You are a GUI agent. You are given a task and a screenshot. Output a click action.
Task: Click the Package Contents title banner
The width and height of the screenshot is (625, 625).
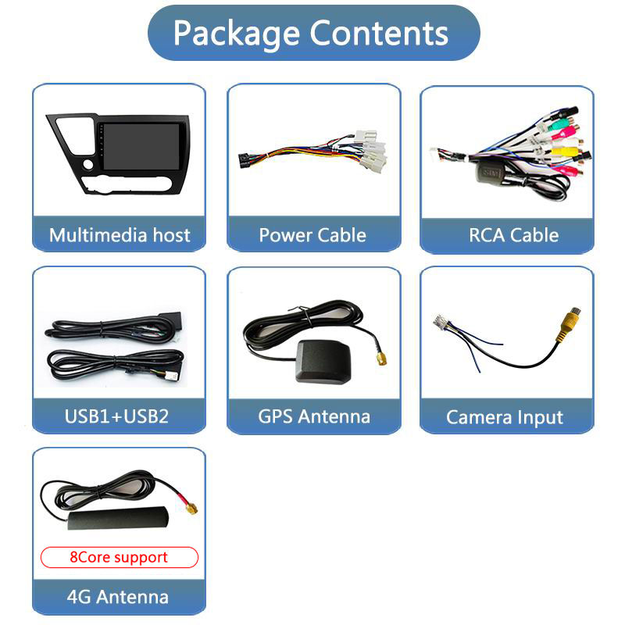(312, 33)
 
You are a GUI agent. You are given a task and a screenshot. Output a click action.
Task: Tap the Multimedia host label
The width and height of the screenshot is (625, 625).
(120, 235)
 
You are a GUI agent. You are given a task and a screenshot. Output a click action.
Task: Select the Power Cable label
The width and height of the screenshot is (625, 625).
(312, 235)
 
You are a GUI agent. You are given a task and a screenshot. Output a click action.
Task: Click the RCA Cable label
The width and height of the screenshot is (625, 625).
(513, 235)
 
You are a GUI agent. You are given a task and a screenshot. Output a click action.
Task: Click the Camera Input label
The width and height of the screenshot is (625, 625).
(505, 417)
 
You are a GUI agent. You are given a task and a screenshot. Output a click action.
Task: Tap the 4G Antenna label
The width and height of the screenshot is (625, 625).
(118, 598)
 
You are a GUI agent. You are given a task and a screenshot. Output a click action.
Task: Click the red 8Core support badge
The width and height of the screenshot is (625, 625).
(120, 557)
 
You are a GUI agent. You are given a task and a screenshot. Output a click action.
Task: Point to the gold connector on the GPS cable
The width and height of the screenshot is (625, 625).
(380, 358)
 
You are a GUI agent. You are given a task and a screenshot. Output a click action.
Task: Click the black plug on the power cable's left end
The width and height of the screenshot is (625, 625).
(244, 160)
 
